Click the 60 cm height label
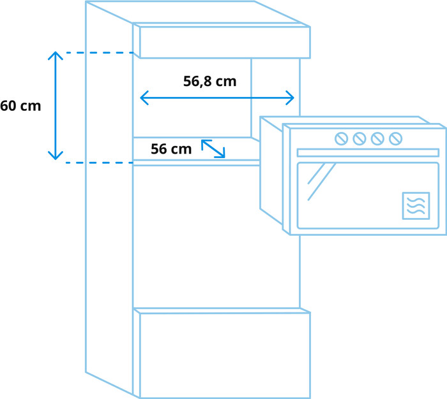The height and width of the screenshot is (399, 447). point(20,106)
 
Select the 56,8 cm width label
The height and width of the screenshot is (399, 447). point(209,82)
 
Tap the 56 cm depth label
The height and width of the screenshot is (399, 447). point(171,149)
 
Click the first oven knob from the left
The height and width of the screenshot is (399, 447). point(342,138)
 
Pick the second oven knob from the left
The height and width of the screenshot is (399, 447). point(360,138)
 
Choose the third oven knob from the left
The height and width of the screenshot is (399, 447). point(377,138)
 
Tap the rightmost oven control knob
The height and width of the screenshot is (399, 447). point(395,138)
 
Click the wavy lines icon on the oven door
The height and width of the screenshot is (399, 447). point(415,205)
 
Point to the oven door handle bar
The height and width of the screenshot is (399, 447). point(368,153)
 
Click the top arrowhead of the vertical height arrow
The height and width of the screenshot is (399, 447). point(56,55)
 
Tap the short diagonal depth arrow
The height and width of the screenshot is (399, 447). point(213,149)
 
